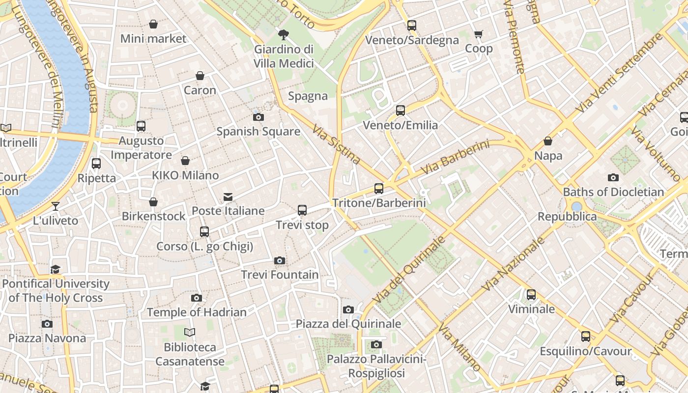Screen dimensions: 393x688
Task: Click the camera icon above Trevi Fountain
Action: [x=280, y=260]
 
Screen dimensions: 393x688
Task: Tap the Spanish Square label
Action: [x=258, y=131]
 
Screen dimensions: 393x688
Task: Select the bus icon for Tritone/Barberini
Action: [x=378, y=188]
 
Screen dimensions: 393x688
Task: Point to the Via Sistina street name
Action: [x=337, y=143]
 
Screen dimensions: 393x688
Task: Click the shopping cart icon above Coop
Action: [x=478, y=34]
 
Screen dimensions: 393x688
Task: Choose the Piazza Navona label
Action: [x=47, y=338]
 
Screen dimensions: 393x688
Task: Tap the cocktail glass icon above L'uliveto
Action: [x=56, y=206]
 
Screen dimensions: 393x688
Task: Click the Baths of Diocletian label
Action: [x=613, y=192]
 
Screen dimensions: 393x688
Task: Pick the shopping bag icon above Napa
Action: [x=548, y=141]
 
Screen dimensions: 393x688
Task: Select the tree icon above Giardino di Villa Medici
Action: [x=284, y=34]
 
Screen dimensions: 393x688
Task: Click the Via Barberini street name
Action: [x=456, y=157]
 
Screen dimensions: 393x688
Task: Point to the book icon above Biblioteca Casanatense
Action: [x=190, y=333]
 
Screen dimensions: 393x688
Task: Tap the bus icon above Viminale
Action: [x=531, y=295]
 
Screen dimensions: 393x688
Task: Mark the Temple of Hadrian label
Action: [x=197, y=312]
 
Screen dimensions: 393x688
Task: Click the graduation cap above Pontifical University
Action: [x=56, y=269]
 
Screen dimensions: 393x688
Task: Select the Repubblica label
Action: [x=567, y=217]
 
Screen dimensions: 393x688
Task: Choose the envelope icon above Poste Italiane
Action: [x=228, y=196]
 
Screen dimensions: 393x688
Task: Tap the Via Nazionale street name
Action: [x=514, y=264]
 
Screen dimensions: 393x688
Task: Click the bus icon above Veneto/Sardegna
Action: [x=412, y=26]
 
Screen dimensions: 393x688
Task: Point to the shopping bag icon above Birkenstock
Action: [x=153, y=202]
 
